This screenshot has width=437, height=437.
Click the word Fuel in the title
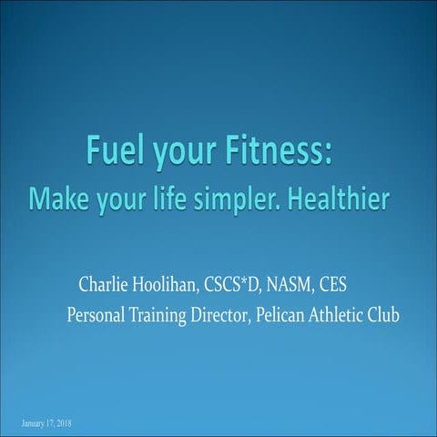tap(113, 148)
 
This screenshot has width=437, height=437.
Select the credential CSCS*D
tap(243, 289)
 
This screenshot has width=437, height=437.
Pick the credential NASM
tap(300, 289)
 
